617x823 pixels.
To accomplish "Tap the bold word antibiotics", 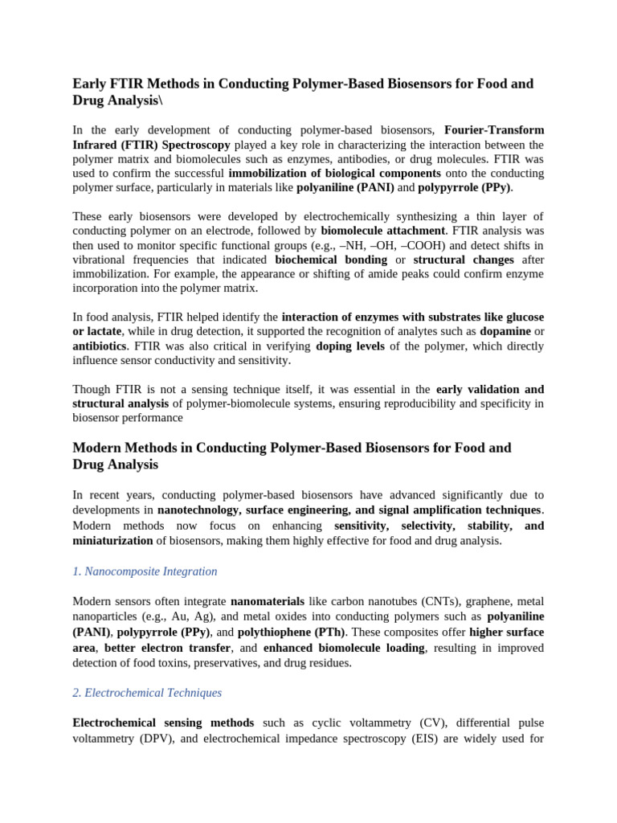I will [100, 346].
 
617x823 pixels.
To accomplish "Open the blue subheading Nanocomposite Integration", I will [145, 571].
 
